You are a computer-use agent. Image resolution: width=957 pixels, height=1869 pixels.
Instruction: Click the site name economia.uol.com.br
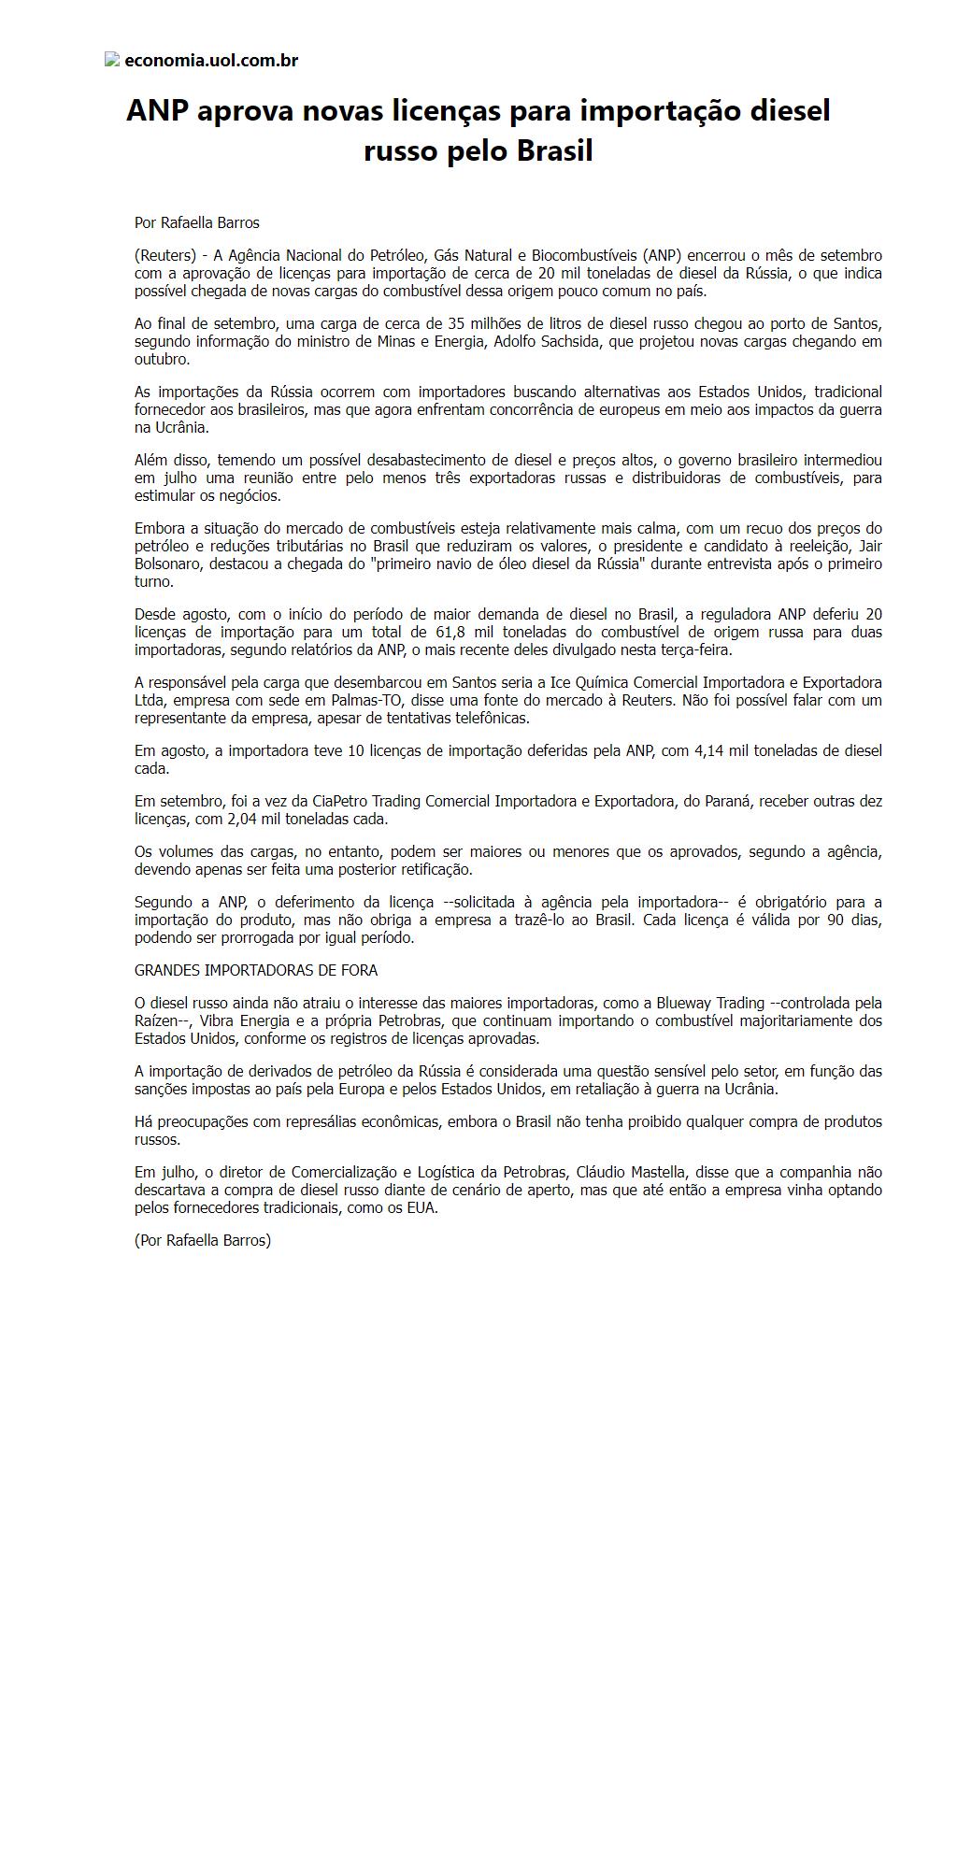(211, 61)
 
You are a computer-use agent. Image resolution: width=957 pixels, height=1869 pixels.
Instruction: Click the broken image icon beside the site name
(112, 60)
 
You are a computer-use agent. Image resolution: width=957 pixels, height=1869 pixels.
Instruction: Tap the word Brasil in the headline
(554, 151)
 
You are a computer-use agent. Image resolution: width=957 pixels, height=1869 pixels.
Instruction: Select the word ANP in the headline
(157, 111)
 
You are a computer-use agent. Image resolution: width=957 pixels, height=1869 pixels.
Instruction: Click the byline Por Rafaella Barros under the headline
(197, 222)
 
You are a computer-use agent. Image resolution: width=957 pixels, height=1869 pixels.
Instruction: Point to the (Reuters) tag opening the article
(164, 255)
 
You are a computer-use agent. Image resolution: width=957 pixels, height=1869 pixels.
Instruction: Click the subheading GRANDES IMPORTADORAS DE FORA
(256, 970)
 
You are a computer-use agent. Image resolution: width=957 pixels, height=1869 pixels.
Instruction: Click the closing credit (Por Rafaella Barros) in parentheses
(203, 1240)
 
